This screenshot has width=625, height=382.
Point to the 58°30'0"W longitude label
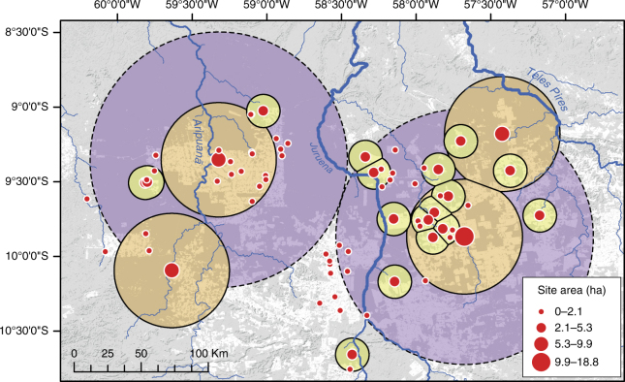tap(339, 7)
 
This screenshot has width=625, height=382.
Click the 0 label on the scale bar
tap(75, 352)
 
